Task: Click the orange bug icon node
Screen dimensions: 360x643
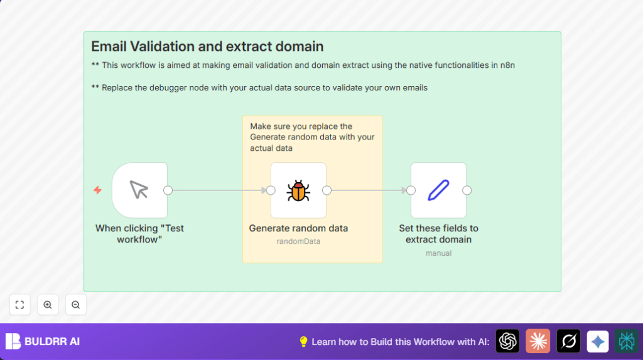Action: click(x=298, y=190)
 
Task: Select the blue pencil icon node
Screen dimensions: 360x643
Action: click(x=438, y=190)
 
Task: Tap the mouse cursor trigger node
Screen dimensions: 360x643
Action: click(x=139, y=190)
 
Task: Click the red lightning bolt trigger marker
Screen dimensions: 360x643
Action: click(x=97, y=190)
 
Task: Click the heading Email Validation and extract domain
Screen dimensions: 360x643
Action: click(x=207, y=46)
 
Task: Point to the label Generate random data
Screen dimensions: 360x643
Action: click(x=298, y=228)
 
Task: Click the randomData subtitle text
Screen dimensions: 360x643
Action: click(x=298, y=241)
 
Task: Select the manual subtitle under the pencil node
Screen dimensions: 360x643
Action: click(x=438, y=253)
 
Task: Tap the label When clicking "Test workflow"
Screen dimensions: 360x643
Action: click(x=139, y=234)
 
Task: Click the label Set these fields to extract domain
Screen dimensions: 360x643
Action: click(x=438, y=234)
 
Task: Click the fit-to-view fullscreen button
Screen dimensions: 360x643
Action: click(x=19, y=305)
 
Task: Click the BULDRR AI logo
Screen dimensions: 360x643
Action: click(x=43, y=342)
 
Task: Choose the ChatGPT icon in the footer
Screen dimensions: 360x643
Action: click(x=507, y=341)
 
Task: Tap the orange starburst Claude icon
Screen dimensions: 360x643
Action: click(x=538, y=341)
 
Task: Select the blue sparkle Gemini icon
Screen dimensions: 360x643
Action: click(x=598, y=341)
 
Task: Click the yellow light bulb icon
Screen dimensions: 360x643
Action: click(x=303, y=342)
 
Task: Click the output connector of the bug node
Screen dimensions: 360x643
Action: click(x=327, y=190)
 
